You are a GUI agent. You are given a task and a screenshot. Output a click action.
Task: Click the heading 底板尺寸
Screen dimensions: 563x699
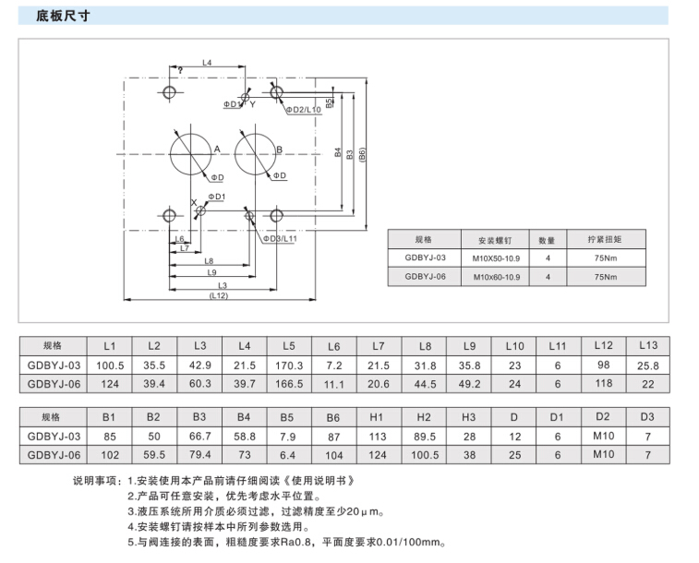tap(62, 16)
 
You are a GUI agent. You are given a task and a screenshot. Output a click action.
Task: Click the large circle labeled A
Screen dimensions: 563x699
tap(190, 150)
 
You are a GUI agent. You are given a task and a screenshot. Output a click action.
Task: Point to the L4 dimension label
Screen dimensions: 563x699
tap(207, 63)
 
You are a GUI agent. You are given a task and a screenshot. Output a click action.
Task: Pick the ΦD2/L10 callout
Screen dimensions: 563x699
tap(302, 110)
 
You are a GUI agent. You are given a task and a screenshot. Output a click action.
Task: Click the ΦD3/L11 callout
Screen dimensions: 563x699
tap(280, 238)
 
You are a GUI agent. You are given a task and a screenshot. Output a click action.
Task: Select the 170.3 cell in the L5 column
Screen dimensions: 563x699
tap(289, 365)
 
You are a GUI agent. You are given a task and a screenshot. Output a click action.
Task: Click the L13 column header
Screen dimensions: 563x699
tap(648, 345)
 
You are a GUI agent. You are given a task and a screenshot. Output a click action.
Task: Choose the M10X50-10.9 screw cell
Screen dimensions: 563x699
tap(497, 258)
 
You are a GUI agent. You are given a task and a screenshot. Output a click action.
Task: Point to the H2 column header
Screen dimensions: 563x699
tap(424, 416)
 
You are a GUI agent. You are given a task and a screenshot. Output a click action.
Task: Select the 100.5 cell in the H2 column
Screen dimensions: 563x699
tap(424, 454)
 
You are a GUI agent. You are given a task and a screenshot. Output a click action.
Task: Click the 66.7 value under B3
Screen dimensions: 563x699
tap(199, 436)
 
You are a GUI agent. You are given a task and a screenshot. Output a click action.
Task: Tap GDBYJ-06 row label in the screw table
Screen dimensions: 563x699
tap(425, 276)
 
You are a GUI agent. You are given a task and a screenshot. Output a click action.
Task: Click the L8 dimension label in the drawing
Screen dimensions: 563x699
tap(210, 261)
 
